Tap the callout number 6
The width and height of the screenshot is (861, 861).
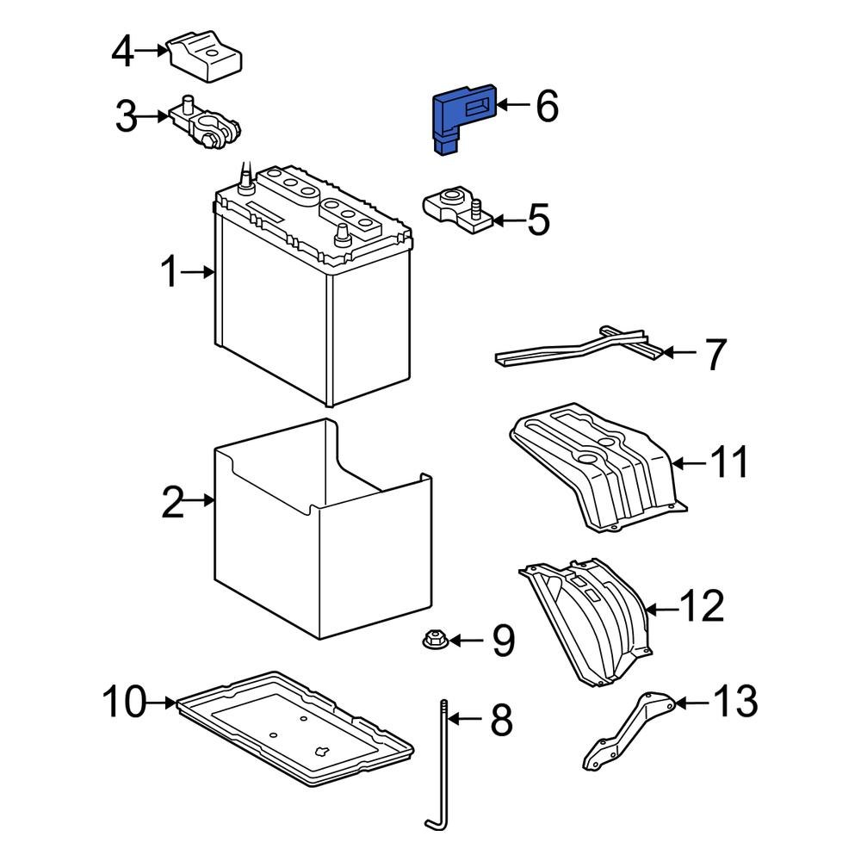547,107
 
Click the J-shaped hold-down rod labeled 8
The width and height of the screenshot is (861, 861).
441,775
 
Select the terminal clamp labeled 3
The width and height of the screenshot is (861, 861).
207,123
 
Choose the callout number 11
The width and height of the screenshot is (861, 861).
728,463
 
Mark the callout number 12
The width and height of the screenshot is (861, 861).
702,608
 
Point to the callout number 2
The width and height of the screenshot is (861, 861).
173,501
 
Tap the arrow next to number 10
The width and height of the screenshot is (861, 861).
159,703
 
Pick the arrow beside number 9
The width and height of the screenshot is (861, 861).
467,640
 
